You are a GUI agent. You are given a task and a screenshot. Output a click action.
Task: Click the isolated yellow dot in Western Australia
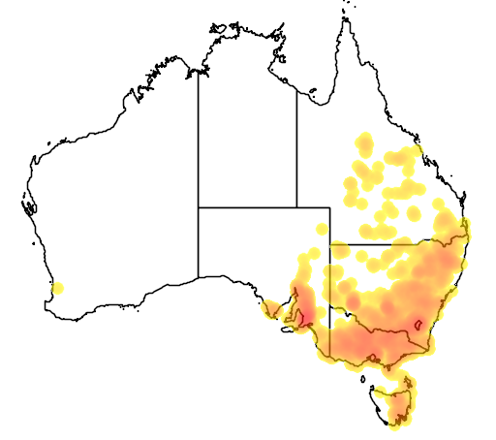(57, 288)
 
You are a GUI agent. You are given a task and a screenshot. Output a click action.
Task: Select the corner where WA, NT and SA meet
(199, 206)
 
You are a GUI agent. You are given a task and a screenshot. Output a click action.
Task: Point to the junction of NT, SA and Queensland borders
(296, 206)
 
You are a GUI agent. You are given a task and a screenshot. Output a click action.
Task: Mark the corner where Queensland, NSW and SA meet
(329, 244)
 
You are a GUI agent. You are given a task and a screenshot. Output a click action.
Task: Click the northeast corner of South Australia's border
(329, 206)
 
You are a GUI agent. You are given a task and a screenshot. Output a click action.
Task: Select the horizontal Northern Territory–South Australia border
(247, 206)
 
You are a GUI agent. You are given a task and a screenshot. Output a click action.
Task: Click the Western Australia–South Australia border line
(199, 242)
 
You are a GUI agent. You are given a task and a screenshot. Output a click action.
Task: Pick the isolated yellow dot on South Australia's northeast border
(320, 229)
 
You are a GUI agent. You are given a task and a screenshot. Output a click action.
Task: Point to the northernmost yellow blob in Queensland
(364, 142)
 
